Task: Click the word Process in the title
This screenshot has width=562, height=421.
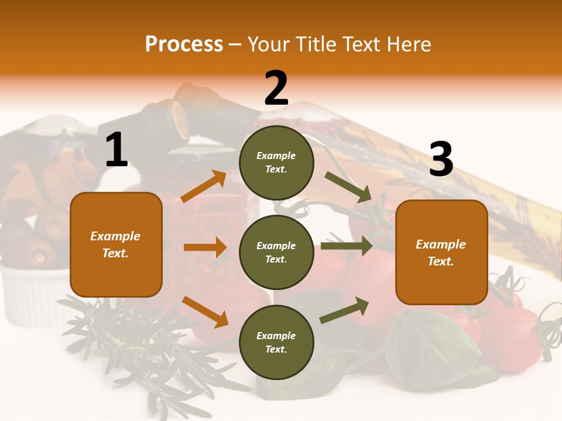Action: tap(184, 44)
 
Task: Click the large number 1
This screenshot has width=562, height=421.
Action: tap(116, 150)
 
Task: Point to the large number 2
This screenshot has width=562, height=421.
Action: tap(276, 88)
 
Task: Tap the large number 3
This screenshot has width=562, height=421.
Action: tap(441, 160)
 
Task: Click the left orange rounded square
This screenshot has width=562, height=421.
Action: tap(116, 244)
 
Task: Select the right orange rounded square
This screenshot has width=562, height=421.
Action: tap(441, 252)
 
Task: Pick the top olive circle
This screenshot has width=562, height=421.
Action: tap(276, 163)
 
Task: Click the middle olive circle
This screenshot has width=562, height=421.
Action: tap(276, 252)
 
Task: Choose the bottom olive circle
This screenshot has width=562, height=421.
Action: tap(276, 342)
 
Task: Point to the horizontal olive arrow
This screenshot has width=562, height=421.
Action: tap(346, 246)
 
